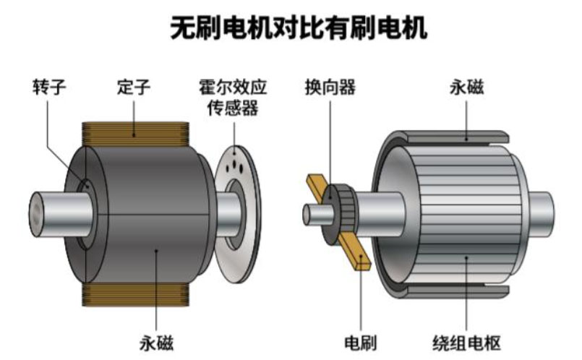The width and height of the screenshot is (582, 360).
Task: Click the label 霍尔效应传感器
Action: (233, 98)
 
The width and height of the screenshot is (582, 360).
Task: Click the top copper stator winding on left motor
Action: (134, 131)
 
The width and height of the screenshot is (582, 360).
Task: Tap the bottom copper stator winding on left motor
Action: (134, 292)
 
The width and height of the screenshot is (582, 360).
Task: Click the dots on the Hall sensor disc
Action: (234, 168)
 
